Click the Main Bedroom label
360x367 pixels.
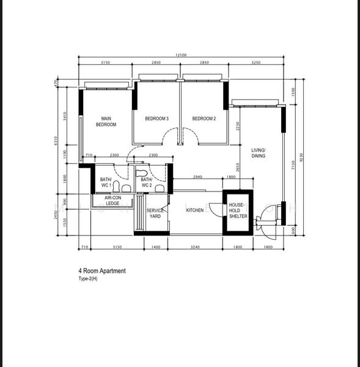coord(106,121)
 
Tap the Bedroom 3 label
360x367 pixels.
coord(156,119)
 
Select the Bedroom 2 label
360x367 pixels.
coord(204,119)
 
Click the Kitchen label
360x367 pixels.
coord(195,210)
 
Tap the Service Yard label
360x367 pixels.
coord(155,213)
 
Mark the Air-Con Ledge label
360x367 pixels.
coord(112,201)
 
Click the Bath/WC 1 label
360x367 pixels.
coord(106,182)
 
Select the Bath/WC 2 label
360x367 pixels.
coord(147,182)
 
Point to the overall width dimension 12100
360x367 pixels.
coord(180,56)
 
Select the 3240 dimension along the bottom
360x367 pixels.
coord(195,247)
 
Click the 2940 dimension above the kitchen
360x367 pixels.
coord(197,177)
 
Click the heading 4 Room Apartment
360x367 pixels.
coord(101,270)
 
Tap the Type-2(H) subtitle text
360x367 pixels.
coord(87,278)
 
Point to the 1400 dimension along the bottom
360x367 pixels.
coord(155,247)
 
